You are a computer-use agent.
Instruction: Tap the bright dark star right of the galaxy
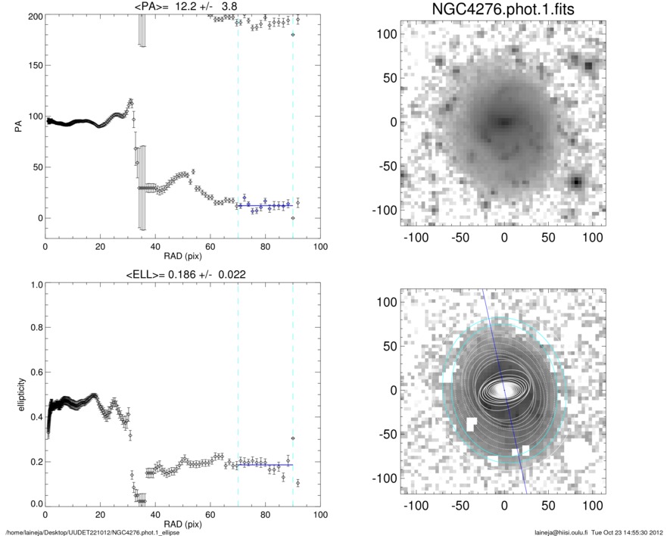577,182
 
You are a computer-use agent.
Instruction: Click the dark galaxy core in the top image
503,120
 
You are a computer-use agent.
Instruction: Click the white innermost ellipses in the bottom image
503,390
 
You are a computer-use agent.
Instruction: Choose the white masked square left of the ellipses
471,423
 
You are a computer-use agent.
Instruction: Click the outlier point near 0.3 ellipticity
292,438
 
